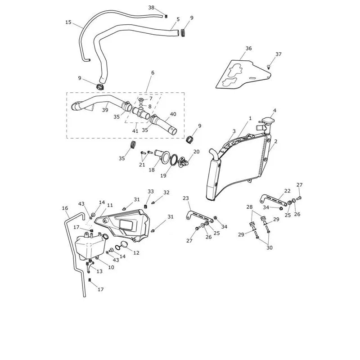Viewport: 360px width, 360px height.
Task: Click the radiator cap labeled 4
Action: pyautogui.click(x=267, y=121)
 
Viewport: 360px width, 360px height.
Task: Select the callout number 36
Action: pyautogui.click(x=249, y=48)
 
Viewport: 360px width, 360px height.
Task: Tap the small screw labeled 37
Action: pyautogui.click(x=269, y=67)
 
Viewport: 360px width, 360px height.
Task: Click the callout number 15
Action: pyautogui.click(x=68, y=22)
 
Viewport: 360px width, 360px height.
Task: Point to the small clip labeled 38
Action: pyautogui.click(x=166, y=16)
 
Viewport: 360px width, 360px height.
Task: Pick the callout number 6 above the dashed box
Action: pyautogui.click(x=153, y=73)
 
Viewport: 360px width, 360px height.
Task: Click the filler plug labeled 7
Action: pyautogui.click(x=141, y=100)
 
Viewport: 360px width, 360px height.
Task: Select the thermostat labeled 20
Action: pyautogui.click(x=184, y=161)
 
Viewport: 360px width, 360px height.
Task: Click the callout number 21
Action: pyautogui.click(x=142, y=165)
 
